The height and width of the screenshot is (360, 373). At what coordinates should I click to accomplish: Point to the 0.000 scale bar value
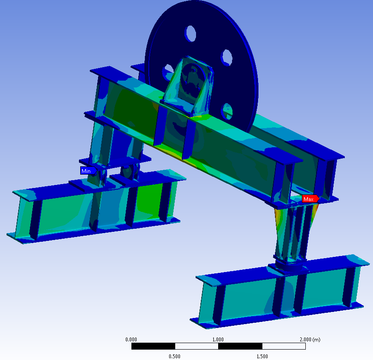pos(131,339)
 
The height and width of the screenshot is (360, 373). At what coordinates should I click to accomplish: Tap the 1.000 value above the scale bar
pos(218,339)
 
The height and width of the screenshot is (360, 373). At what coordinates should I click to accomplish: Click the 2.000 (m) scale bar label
pos(308,339)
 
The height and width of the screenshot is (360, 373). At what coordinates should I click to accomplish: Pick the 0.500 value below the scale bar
pos(174,356)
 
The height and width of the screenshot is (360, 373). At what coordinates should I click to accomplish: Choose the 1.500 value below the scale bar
pos(262,356)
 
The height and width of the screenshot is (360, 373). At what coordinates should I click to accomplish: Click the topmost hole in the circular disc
pos(191,33)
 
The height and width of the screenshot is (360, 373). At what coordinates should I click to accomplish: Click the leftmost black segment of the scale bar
pos(153,346)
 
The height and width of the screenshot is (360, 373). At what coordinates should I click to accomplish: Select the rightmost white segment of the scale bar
pos(284,346)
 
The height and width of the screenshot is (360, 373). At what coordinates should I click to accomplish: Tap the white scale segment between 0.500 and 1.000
pos(196,346)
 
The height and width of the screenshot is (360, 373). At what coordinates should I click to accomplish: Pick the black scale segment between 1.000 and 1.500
pos(240,346)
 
